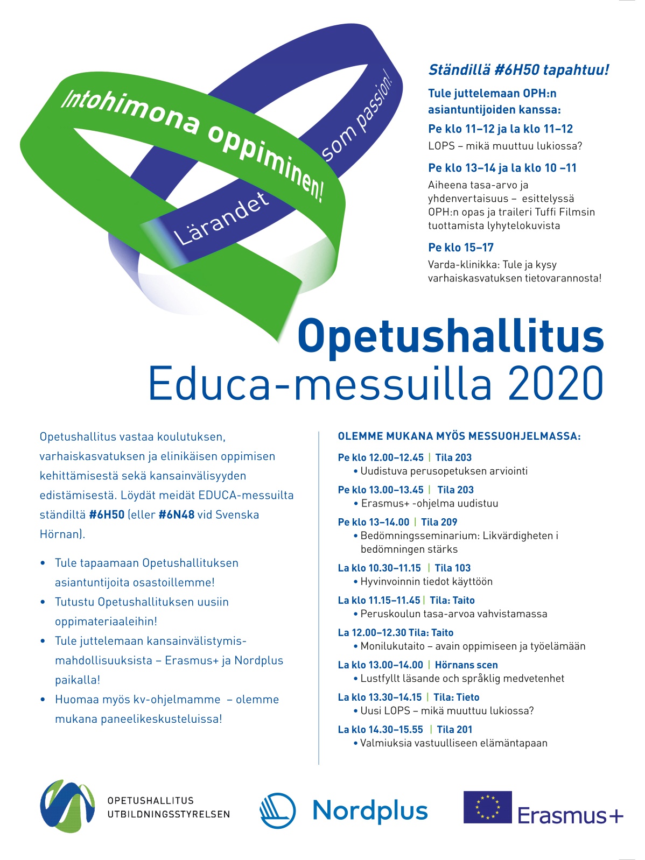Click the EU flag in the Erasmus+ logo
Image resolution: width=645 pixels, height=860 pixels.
(487, 807)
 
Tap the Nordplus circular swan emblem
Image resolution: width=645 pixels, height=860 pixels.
(277, 810)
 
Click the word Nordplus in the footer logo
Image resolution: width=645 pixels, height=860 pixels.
(370, 811)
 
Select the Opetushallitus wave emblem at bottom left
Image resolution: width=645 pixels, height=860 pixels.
(67, 806)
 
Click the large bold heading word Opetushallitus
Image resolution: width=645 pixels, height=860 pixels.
(450, 336)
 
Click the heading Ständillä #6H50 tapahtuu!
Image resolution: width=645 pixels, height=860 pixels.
(518, 70)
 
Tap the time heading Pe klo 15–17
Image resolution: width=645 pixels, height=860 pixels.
(461, 248)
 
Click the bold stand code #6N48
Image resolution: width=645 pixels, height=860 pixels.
(176, 514)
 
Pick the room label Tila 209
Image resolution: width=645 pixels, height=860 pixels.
(439, 522)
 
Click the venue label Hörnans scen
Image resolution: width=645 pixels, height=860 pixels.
(466, 665)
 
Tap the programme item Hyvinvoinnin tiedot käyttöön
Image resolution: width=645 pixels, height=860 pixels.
(426, 581)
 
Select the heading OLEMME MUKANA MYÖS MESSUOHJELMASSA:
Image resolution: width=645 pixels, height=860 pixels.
(459, 436)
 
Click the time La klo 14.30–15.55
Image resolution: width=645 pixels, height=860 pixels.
(381, 729)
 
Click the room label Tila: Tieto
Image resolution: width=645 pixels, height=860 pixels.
(456, 697)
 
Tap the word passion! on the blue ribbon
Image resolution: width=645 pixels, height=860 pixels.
(374, 103)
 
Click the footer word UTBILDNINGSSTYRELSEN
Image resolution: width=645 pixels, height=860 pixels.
(169, 814)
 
